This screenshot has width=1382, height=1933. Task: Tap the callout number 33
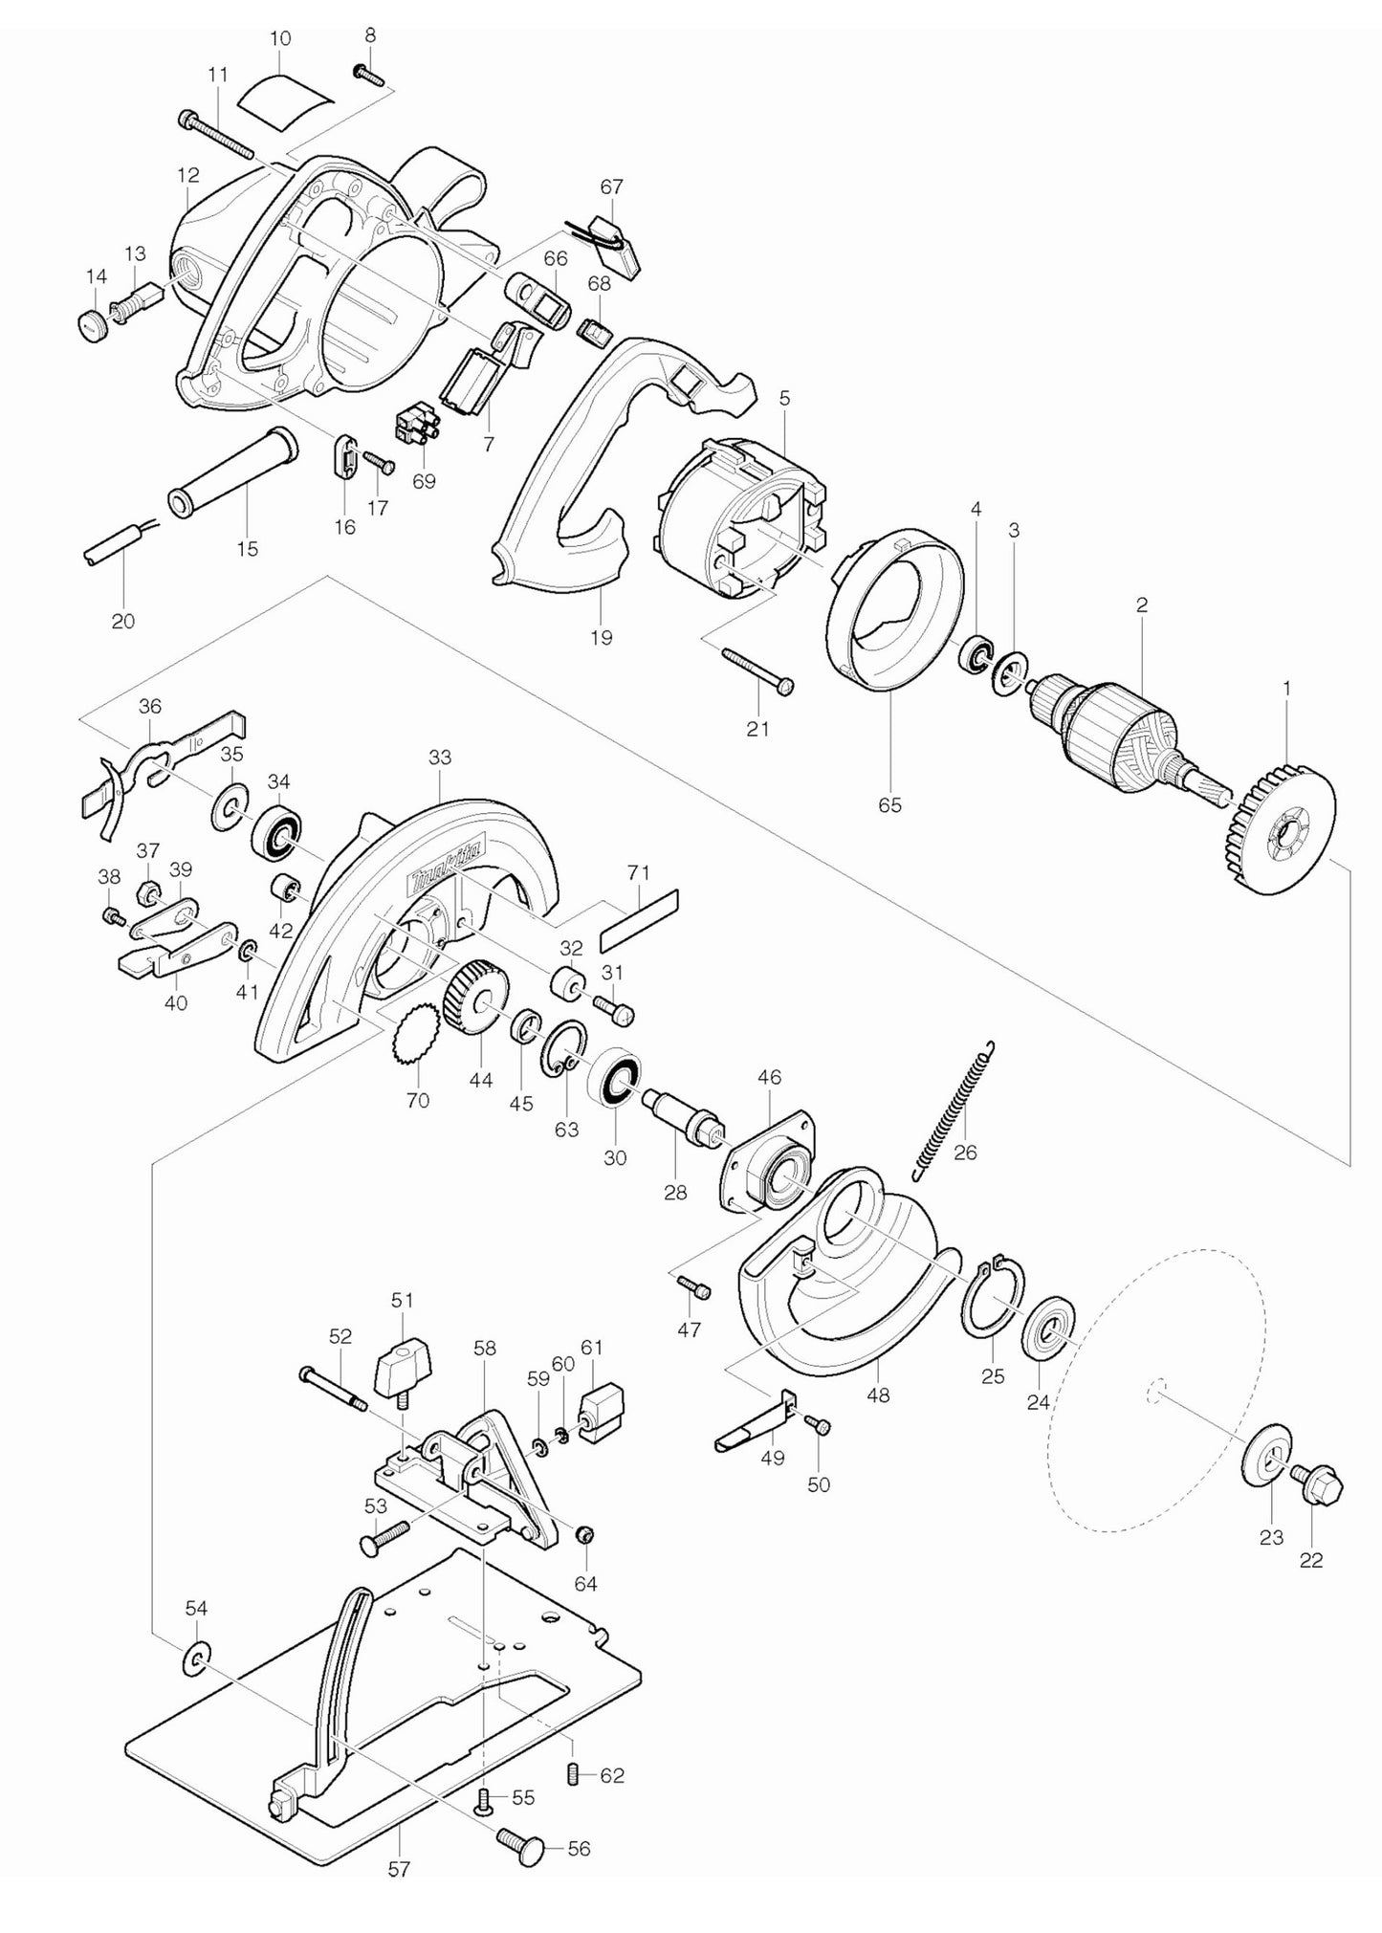pos(440,758)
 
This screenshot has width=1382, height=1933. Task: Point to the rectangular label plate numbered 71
pos(638,918)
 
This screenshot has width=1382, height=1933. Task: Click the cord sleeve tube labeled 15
pos(230,473)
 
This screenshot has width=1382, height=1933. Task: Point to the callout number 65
pos(889,805)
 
